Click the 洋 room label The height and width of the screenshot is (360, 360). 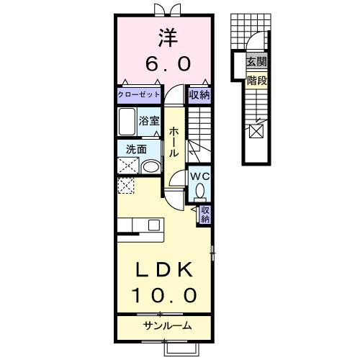[x=166, y=36]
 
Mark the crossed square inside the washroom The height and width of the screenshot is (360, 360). [x=127, y=165]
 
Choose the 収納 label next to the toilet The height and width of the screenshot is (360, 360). [x=205, y=214]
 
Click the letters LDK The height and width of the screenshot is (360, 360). [x=164, y=269]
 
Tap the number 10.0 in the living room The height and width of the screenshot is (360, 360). [x=164, y=295]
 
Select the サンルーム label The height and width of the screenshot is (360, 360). [x=166, y=325]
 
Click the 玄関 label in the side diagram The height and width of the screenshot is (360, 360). [x=256, y=63]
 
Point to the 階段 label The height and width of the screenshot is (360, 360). [x=256, y=81]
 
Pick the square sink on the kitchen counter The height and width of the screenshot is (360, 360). [x=153, y=225]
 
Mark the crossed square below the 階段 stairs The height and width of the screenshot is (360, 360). [x=256, y=132]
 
